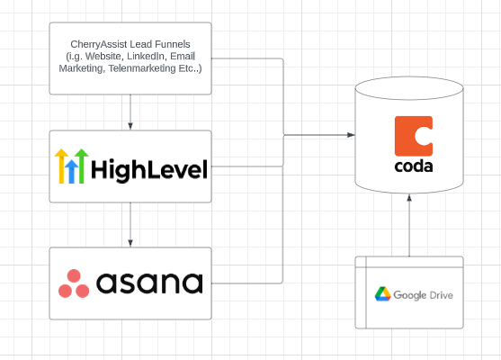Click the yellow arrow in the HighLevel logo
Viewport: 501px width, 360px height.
62,166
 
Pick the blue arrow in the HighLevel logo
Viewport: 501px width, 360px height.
72,170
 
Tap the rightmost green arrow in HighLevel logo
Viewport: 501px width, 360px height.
81,166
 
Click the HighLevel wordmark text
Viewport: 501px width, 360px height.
148,168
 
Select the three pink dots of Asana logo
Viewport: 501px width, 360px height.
74,283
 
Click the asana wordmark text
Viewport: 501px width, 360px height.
149,283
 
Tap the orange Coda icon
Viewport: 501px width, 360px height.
414,136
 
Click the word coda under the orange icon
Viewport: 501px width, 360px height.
414,167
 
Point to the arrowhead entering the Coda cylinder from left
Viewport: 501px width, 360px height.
350,135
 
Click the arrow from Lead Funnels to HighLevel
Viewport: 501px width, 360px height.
130,112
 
